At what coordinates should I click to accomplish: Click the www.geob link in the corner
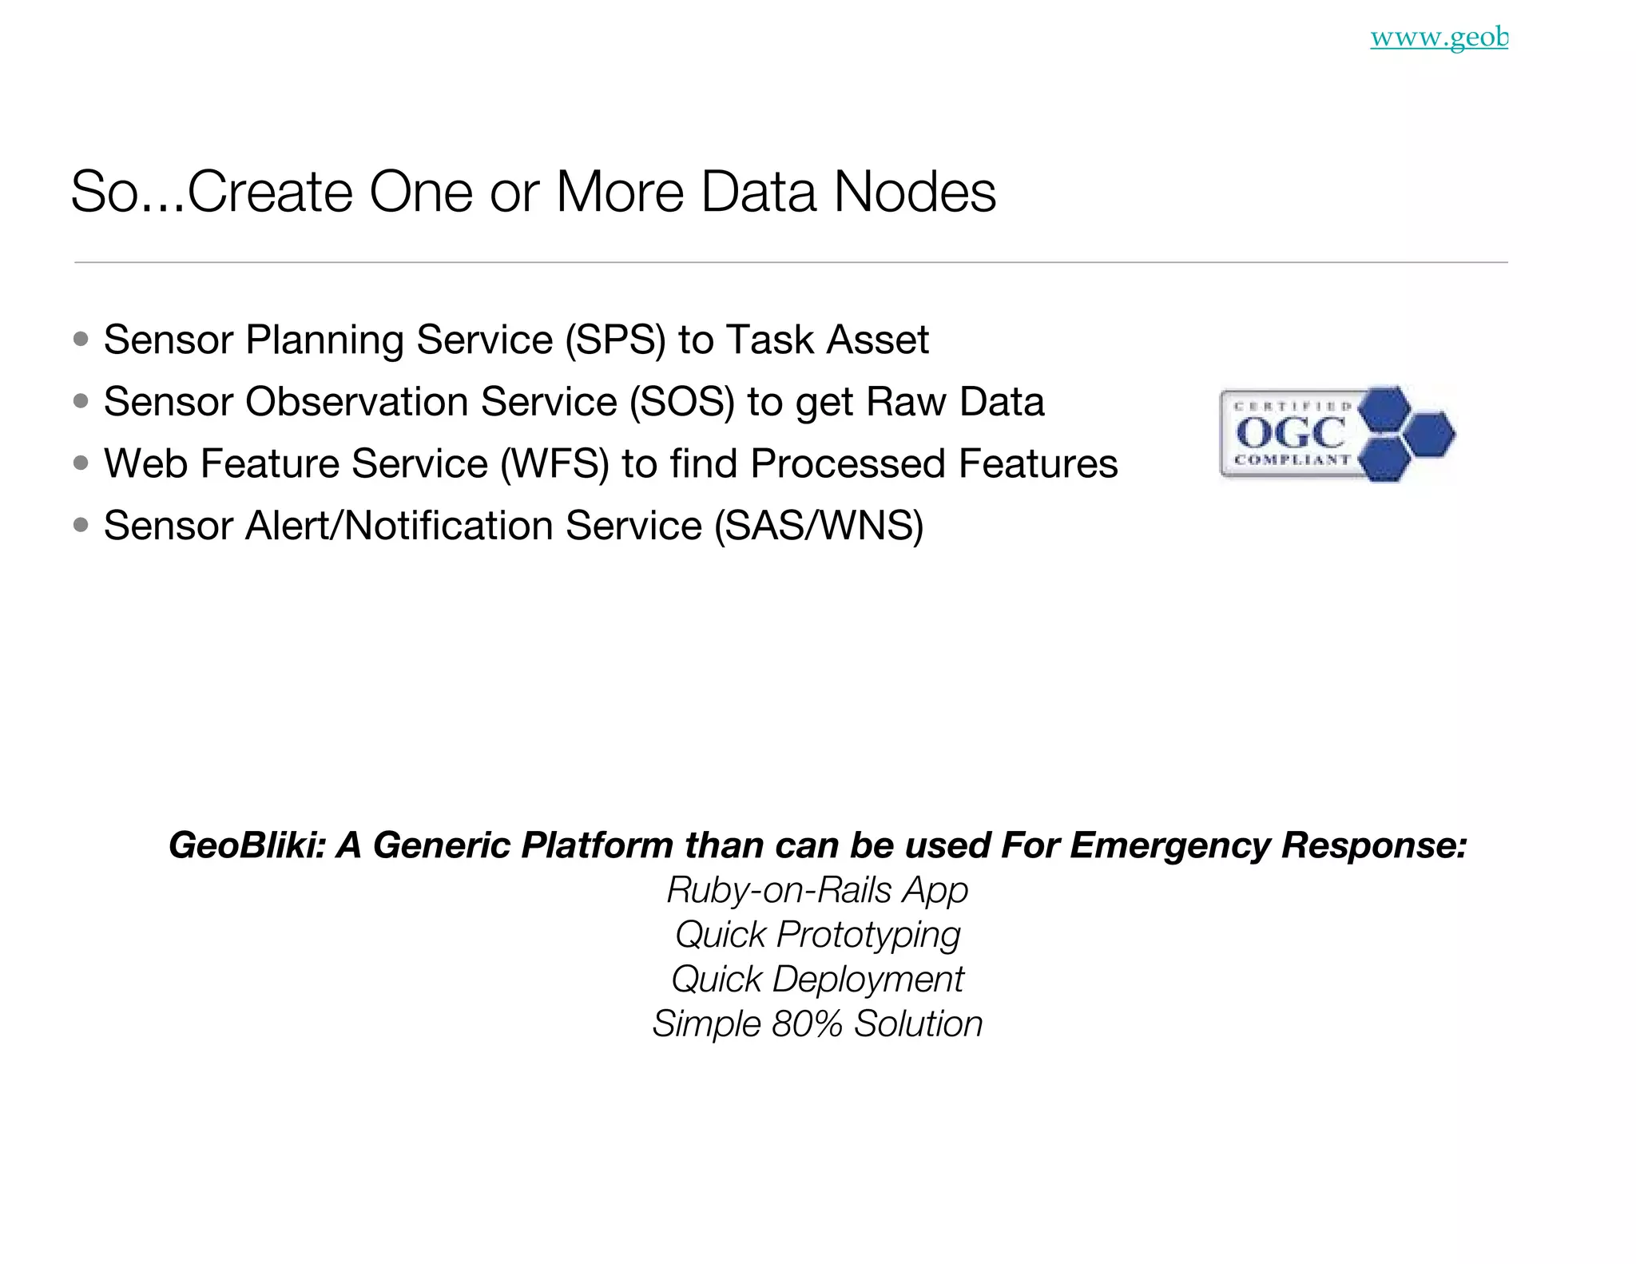(x=1439, y=38)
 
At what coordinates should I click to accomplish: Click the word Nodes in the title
(x=915, y=192)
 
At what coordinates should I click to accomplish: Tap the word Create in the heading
(x=270, y=192)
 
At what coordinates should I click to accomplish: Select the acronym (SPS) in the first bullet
(x=615, y=340)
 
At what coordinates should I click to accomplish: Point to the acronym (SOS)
(x=681, y=402)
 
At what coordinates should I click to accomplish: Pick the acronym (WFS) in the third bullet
(x=554, y=464)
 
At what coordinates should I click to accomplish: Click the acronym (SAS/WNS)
(x=818, y=526)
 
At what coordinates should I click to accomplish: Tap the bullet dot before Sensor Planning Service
(x=81, y=339)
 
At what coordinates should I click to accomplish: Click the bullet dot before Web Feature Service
(x=81, y=463)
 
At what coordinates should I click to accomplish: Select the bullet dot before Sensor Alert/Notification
(x=81, y=525)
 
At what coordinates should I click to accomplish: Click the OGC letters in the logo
(x=1289, y=434)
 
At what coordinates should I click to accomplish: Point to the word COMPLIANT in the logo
(x=1292, y=460)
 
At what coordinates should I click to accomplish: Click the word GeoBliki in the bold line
(x=247, y=845)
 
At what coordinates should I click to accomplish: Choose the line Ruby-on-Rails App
(x=817, y=890)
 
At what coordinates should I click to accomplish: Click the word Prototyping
(x=868, y=935)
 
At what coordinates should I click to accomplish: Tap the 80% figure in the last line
(x=806, y=1024)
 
